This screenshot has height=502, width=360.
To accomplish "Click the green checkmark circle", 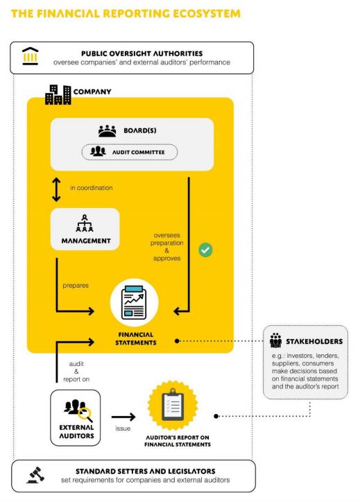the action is [205, 250].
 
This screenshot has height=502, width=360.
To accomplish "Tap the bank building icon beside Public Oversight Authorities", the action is [30, 56].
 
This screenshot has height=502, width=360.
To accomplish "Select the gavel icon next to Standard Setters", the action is [35, 475].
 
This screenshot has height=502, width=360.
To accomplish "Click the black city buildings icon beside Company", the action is [58, 94].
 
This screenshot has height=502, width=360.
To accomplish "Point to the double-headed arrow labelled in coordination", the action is [56, 189].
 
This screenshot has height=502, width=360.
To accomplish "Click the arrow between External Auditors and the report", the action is [123, 417].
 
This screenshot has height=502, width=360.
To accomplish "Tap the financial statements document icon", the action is [134, 302].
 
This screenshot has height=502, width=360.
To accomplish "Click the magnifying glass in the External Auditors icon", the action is [86, 414].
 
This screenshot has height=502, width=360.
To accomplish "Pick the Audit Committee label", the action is [138, 153].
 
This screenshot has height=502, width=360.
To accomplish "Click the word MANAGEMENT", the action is [86, 241].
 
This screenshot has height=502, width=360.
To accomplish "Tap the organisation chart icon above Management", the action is [85, 223].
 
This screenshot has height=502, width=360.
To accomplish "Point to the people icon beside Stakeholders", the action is [275, 340].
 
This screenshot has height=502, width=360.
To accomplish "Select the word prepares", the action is [76, 285].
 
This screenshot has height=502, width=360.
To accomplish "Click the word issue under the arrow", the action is [123, 429].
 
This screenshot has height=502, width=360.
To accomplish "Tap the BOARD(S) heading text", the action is [140, 130].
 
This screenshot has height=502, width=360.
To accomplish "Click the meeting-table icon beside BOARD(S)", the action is [108, 131].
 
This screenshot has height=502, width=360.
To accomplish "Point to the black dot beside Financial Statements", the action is [177, 341].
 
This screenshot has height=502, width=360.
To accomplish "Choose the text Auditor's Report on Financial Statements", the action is [178, 441].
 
